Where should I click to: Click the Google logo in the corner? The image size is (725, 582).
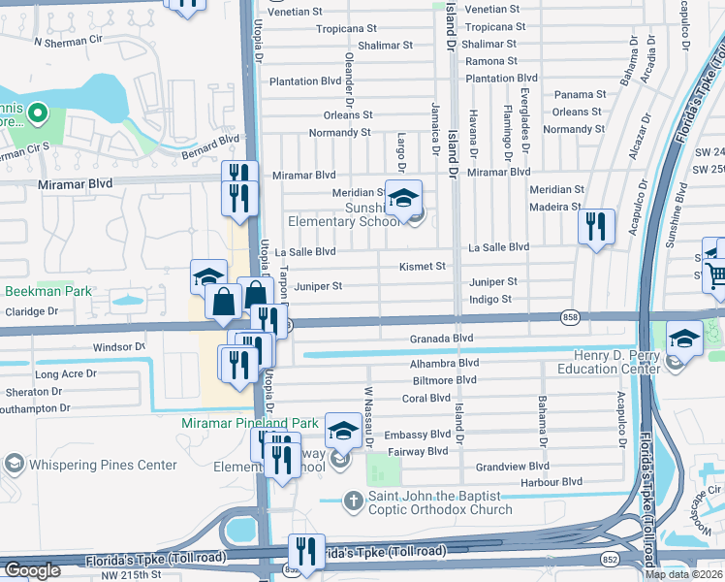(x=31, y=570)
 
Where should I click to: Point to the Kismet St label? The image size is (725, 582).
(x=423, y=266)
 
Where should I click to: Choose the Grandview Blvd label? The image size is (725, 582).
(x=512, y=467)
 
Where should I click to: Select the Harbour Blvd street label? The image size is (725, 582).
(x=550, y=481)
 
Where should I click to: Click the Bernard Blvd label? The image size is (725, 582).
(x=209, y=144)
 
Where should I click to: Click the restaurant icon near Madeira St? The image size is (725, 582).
(x=596, y=227)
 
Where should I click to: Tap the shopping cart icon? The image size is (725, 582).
(x=716, y=277)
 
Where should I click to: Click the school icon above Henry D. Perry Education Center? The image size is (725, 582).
(x=684, y=339)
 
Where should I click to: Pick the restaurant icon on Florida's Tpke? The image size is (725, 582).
(x=306, y=550)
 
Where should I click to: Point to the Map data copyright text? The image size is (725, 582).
(x=683, y=574)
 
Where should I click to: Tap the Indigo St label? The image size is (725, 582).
(x=490, y=299)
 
